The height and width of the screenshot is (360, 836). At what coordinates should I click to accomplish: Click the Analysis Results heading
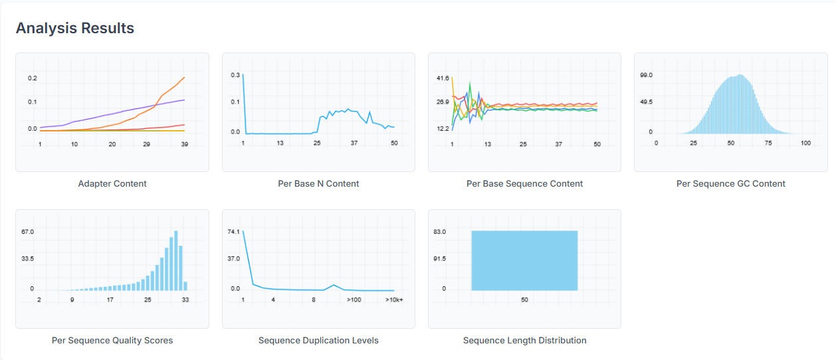75,29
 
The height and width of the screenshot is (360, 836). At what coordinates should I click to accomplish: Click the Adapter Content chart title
112,183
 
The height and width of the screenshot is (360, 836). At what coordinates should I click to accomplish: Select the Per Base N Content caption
318,183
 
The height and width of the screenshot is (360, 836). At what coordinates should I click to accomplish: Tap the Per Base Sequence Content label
524,183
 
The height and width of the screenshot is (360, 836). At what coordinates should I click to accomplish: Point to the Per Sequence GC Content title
730,183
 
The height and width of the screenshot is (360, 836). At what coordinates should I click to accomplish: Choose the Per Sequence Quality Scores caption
112,340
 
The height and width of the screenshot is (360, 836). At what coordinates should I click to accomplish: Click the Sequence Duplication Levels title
318,340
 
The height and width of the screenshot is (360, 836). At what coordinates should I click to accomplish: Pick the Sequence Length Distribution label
524,340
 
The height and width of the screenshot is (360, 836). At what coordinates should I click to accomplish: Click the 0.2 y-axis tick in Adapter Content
33,78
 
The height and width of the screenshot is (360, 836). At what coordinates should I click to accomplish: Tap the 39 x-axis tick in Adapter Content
185,144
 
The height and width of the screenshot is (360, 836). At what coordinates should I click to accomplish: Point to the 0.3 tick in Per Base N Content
235,75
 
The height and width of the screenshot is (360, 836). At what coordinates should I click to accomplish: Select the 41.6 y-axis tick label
443,78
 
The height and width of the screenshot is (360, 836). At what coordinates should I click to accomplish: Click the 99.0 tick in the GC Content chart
646,76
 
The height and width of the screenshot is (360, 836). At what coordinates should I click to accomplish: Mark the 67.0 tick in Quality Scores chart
27,232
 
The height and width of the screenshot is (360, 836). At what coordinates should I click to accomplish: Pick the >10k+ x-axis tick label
394,300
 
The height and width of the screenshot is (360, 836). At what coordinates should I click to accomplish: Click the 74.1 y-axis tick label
233,232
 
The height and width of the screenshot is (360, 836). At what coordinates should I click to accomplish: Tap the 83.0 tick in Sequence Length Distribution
440,232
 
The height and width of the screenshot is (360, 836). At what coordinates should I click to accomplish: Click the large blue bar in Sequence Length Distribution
524,260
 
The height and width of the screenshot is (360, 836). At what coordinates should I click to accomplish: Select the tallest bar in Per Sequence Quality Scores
176,260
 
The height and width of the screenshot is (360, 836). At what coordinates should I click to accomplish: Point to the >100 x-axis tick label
354,300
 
